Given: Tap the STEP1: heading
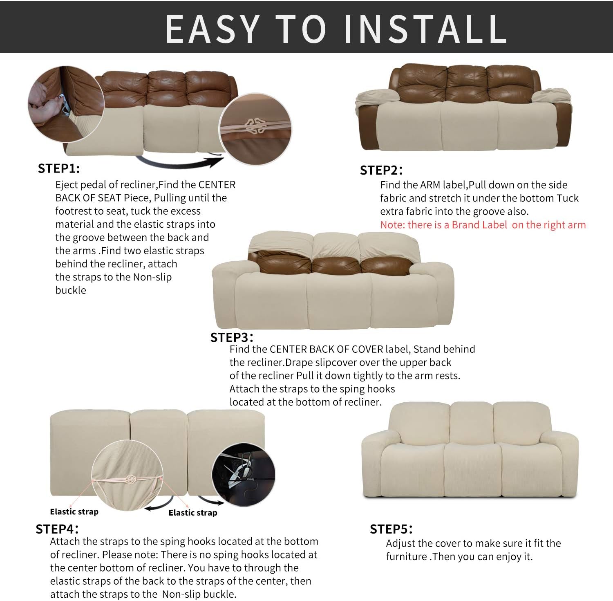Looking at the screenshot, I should coord(59,168).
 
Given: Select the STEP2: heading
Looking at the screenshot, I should coord(381,170).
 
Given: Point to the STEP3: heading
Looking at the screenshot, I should coord(231,337).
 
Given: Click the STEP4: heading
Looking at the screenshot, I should coord(57,529).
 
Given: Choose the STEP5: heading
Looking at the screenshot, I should coord(391,529).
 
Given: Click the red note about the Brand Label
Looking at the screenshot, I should coord(483,224).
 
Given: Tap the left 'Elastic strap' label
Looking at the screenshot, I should coord(74,511).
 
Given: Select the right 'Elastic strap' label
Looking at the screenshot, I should coord(192,513).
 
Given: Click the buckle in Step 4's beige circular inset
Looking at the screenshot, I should coord(130,479).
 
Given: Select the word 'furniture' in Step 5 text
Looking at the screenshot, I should coord(406,556).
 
